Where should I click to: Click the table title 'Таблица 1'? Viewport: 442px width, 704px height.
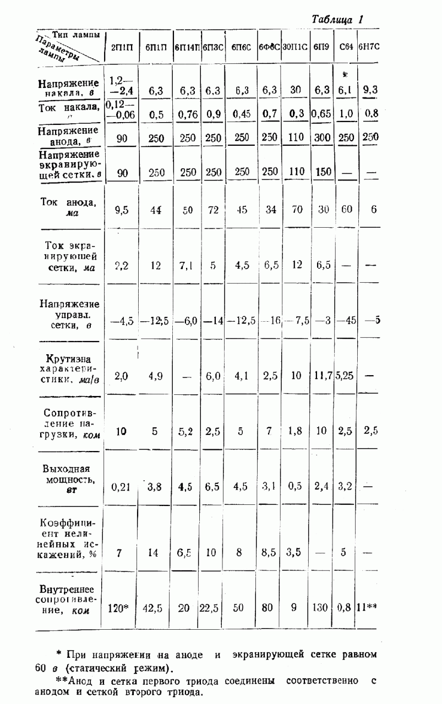[x=337, y=19]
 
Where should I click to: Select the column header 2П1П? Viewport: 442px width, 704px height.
[x=122, y=47]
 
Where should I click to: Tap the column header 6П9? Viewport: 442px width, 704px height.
[x=321, y=47]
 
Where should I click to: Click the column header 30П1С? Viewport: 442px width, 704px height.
[x=295, y=47]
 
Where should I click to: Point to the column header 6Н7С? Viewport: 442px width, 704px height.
[x=369, y=47]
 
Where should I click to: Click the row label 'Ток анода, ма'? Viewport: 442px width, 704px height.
[x=68, y=207]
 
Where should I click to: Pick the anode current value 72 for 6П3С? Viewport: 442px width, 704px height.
[x=212, y=210]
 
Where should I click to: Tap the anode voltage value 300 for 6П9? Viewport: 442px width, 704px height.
[x=322, y=137]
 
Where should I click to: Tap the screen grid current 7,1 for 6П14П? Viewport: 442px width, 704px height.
[x=185, y=265]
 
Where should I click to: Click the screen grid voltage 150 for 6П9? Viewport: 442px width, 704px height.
[x=323, y=172]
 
